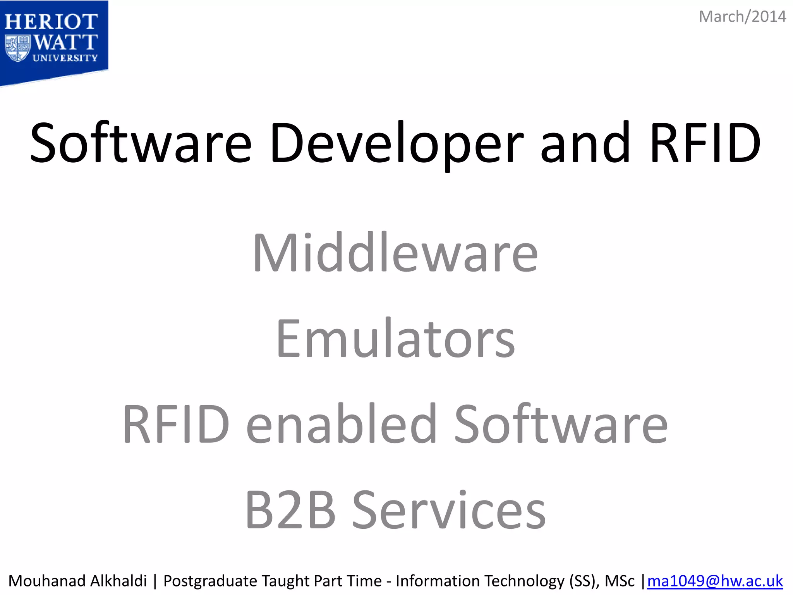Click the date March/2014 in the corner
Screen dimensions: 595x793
[742, 17]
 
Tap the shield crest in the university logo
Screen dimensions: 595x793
[17, 48]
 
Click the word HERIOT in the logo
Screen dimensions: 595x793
[51, 22]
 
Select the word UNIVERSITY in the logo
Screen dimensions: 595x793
[65, 58]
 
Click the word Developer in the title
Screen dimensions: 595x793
[396, 143]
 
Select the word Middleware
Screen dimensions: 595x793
[395, 253]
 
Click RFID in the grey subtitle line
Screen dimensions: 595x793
[177, 424]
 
